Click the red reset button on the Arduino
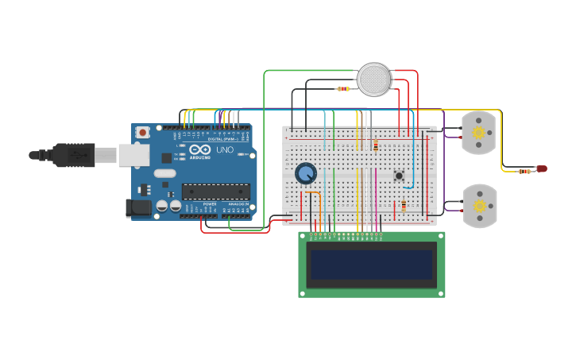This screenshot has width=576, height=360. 142,132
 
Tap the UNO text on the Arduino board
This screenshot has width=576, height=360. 225,149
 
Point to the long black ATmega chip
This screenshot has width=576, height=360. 215,191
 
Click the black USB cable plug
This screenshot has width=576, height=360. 75,155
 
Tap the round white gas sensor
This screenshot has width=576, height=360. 373,79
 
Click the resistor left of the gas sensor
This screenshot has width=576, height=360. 343,89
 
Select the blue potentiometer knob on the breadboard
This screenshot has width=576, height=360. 306,173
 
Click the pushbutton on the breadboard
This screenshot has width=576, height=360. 399,176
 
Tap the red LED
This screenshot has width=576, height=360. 542,168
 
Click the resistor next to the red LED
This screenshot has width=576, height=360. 524,171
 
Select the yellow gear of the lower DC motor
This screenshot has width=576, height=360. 479,206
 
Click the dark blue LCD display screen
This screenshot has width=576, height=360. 371,265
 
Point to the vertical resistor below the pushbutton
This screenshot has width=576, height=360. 404,206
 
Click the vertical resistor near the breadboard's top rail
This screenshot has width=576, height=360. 376,145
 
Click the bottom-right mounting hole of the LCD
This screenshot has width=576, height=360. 440,293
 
